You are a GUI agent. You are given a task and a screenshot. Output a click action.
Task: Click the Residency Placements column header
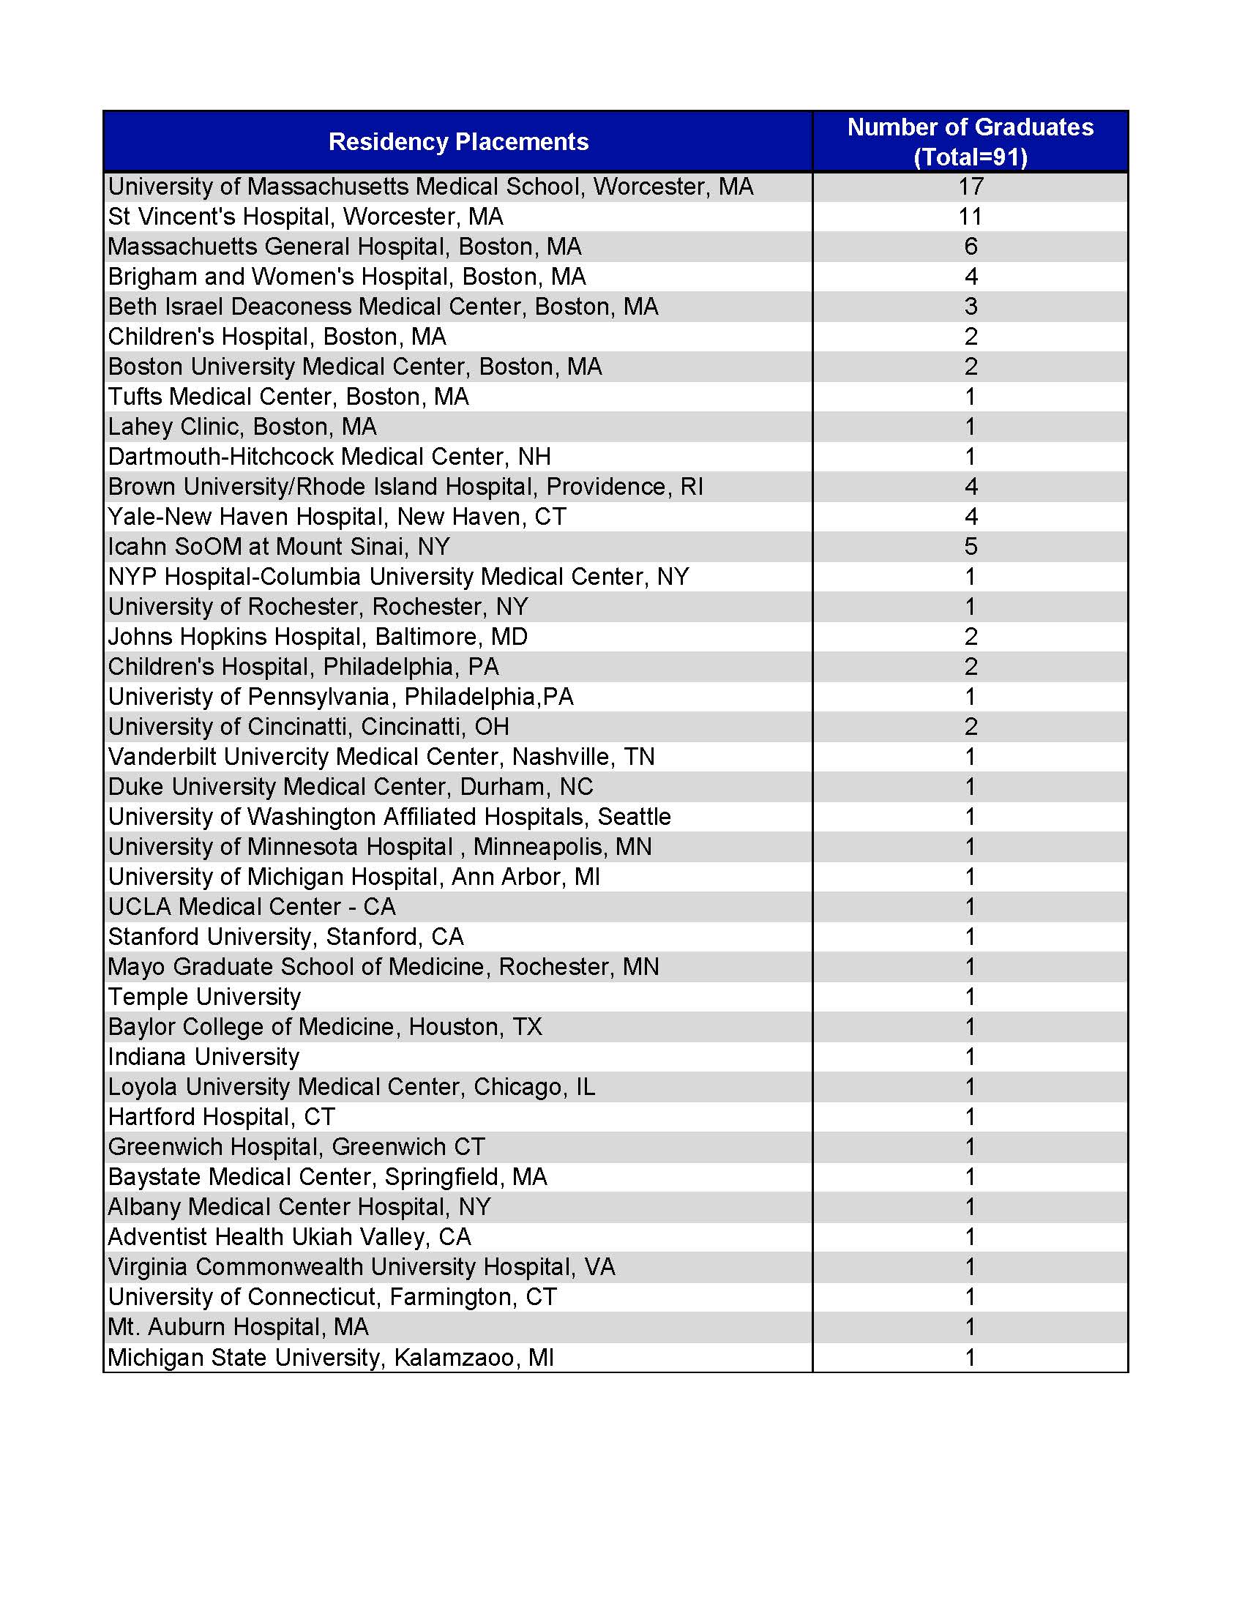tap(458, 141)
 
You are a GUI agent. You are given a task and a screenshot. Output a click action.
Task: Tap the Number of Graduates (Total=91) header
tap(970, 141)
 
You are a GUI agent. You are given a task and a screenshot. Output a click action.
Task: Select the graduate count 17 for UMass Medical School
tap(971, 187)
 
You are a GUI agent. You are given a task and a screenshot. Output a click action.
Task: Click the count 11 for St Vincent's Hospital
tap(971, 217)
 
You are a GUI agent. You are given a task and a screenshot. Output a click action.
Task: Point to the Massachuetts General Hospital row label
tap(345, 247)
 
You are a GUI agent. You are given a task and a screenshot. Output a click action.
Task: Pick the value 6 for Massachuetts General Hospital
tap(971, 247)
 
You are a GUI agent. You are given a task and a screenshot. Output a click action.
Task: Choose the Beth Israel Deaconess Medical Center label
tap(383, 307)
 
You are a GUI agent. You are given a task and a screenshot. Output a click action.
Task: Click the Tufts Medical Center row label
tap(288, 397)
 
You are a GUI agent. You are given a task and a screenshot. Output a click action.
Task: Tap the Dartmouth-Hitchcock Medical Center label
tap(329, 457)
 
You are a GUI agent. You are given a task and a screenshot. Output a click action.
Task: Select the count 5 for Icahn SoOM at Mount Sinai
tap(971, 547)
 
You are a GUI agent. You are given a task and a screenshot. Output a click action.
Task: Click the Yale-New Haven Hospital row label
tap(337, 517)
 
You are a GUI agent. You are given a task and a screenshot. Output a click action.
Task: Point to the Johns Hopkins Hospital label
tap(318, 637)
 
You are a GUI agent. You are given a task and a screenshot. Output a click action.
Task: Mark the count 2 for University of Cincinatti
tap(971, 727)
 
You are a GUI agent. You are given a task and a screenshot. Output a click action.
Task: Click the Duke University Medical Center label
tap(351, 787)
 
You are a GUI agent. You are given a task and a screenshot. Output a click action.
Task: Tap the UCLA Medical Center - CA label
tap(252, 907)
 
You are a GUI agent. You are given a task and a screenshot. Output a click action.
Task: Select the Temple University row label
tap(204, 997)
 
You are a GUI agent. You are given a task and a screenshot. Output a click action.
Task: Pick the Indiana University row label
tap(203, 1057)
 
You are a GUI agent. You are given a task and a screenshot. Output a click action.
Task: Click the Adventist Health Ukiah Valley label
tap(289, 1237)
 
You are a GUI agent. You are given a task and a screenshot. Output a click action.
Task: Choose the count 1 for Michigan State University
tap(971, 1357)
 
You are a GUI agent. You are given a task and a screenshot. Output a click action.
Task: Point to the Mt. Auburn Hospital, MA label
tap(238, 1327)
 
